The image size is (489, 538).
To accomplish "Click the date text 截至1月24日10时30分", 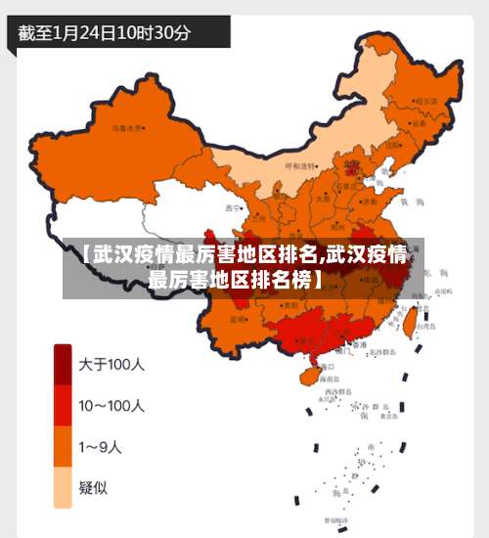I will [x=105, y=32].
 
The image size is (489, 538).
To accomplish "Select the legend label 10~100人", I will [x=111, y=406].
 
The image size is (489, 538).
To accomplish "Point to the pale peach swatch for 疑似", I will [x=63, y=488].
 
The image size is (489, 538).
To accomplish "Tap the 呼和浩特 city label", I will [x=300, y=166].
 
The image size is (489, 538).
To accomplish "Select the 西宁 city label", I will [x=233, y=207].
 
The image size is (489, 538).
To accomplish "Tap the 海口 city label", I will [x=327, y=365].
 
